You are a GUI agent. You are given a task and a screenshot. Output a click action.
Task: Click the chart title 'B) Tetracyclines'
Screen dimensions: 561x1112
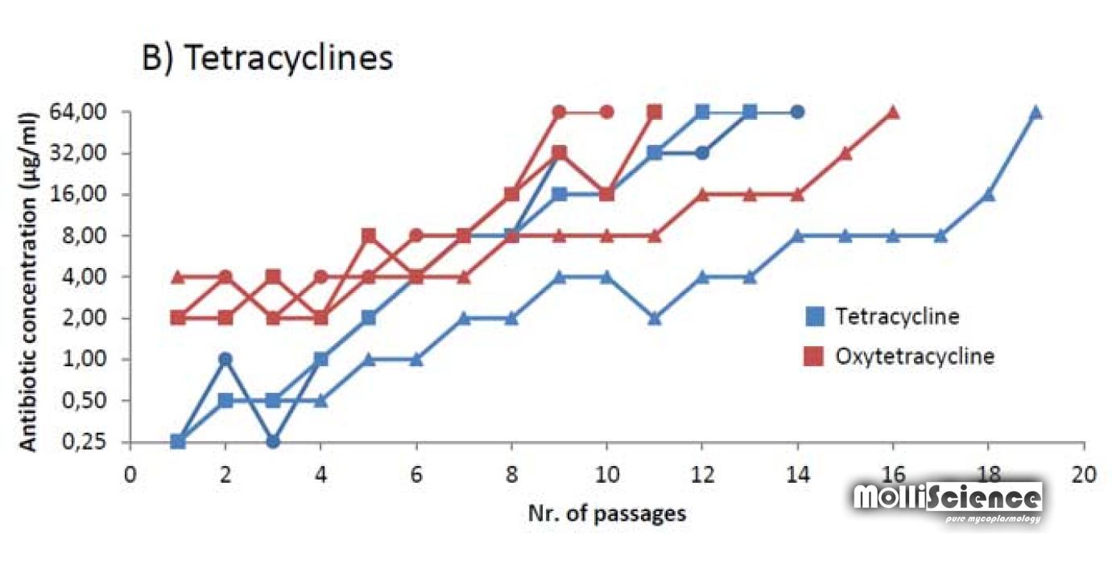[x=267, y=60]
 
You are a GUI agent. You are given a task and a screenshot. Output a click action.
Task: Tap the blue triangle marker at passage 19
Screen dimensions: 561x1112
[x=1036, y=112]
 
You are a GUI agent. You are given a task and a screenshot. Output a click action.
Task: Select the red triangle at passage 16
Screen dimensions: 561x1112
[x=893, y=112]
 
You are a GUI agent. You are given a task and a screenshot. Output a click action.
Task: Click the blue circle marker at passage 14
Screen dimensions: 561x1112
[x=797, y=112]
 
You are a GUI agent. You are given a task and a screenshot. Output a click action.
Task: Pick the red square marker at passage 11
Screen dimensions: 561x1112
[x=655, y=112]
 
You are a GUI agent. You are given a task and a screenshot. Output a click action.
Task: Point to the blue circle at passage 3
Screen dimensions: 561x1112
[x=273, y=441]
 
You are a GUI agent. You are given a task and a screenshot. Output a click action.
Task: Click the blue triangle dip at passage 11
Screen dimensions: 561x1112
[x=655, y=318]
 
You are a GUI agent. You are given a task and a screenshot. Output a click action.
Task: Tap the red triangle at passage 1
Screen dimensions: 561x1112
[x=178, y=277]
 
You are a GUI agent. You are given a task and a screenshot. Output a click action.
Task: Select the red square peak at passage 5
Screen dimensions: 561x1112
[x=369, y=236]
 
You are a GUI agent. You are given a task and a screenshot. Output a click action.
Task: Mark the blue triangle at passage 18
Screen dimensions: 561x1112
[x=989, y=194]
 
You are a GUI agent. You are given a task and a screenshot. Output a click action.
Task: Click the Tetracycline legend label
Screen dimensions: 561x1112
[x=897, y=316]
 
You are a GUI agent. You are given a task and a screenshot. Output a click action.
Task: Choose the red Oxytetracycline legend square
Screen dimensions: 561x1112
[x=814, y=357]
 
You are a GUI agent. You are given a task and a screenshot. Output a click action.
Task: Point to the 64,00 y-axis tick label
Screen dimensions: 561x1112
[x=89, y=112]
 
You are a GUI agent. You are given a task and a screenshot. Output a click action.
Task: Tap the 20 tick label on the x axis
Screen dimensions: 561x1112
[x=1084, y=473]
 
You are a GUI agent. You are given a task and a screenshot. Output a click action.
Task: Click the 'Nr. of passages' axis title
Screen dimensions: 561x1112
[x=606, y=513]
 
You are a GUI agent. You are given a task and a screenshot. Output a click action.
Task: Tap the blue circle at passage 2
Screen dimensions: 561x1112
[x=225, y=359]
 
